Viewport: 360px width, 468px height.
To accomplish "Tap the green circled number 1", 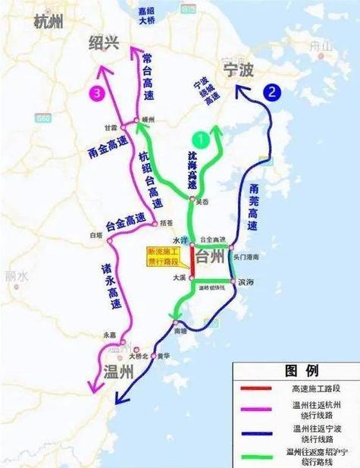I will click(199, 140).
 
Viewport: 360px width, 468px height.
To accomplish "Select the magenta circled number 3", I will click(96, 93).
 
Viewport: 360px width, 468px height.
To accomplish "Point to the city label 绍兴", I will click(104, 42).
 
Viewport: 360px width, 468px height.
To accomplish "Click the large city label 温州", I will click(117, 372).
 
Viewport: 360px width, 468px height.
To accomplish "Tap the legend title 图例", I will click(296, 371).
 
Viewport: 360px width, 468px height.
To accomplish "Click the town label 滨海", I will click(246, 281).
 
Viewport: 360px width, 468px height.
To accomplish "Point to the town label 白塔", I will click(95, 235).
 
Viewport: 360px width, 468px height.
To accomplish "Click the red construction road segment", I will click(192, 264).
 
